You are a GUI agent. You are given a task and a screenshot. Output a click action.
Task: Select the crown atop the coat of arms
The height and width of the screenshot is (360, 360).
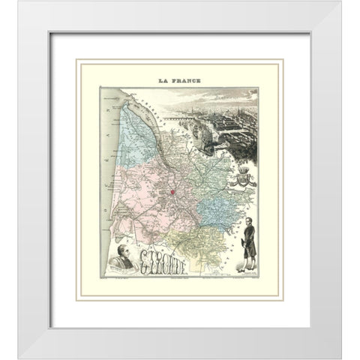tap(242, 170)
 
